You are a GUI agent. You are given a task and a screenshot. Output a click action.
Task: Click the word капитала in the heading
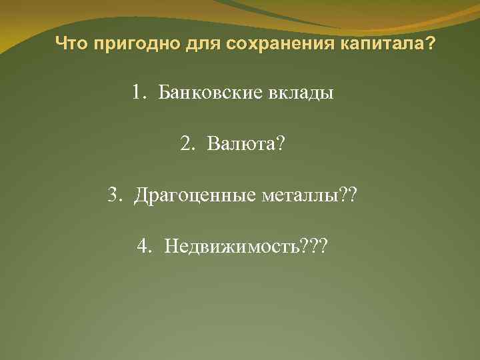[x=383, y=45]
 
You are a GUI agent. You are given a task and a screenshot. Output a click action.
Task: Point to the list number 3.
[x=115, y=195]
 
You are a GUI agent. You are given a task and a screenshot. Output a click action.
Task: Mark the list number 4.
[x=144, y=247]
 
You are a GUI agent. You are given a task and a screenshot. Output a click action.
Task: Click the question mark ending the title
[x=431, y=45]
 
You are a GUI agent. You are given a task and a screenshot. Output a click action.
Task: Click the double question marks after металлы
[x=349, y=195]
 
